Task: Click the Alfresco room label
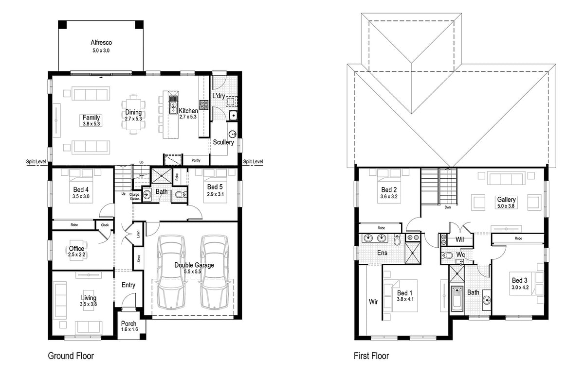tap(101, 42)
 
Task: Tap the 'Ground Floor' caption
tap(71, 356)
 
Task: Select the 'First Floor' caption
tap(371, 356)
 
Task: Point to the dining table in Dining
tap(133, 113)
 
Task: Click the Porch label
tap(129, 324)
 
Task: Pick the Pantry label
tap(196, 160)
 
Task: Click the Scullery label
tap(223, 142)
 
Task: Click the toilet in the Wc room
tap(448, 255)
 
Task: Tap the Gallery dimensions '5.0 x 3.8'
tap(506, 205)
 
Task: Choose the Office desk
tap(77, 249)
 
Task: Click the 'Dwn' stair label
tap(448, 207)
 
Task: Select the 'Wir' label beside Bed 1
tap(373, 302)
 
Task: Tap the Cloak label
tap(105, 225)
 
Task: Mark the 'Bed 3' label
tap(519, 280)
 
